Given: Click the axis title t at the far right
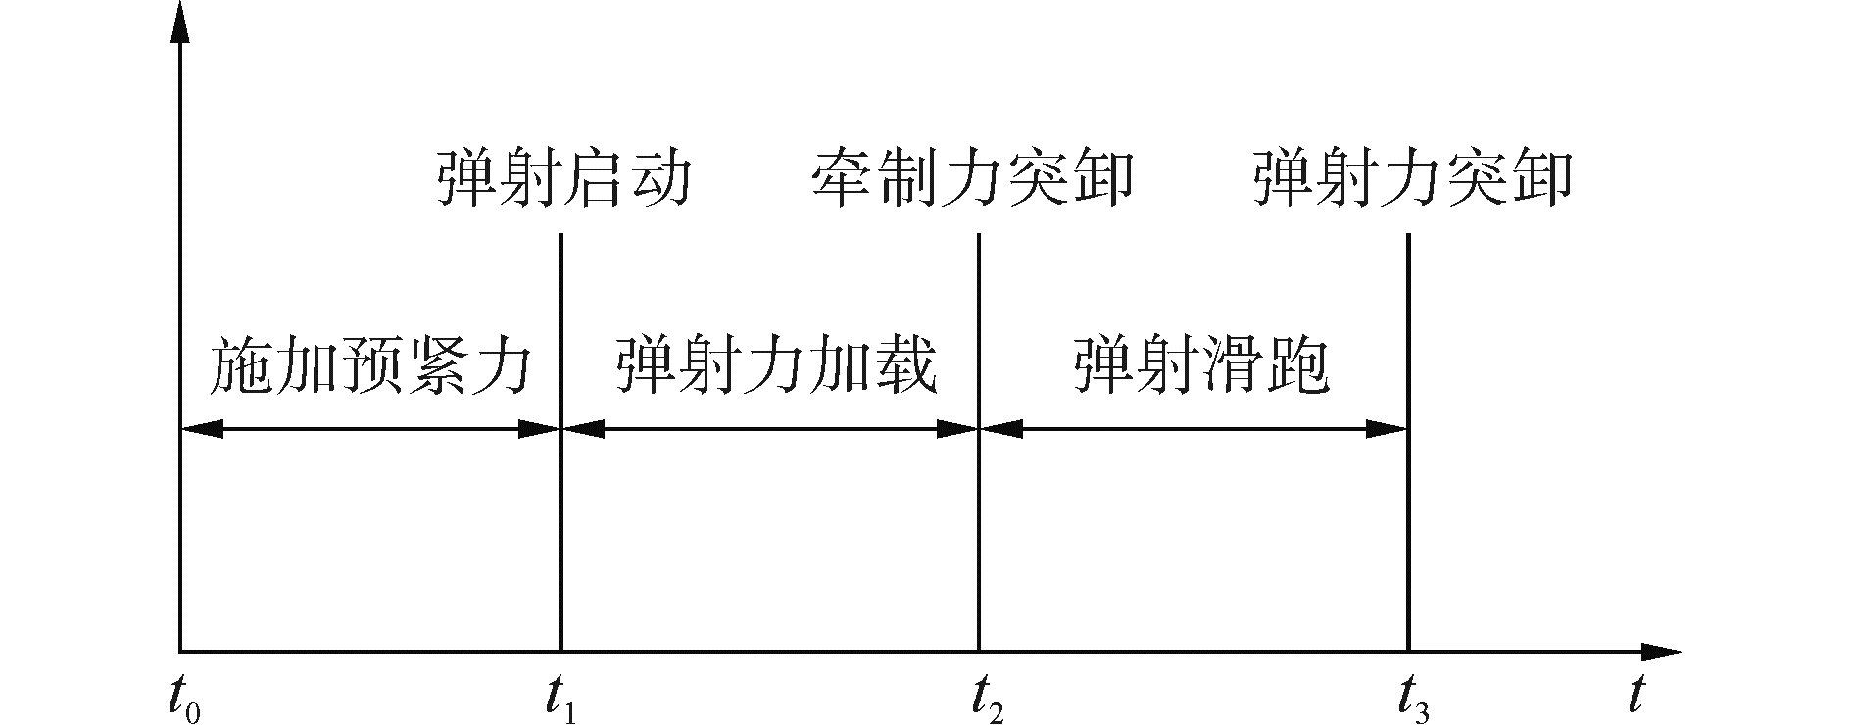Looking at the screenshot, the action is (1634, 695).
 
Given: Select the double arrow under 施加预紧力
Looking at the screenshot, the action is (370, 428).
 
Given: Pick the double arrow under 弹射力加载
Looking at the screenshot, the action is (770, 428).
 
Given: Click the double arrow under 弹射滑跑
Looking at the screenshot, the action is (1193, 428).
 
